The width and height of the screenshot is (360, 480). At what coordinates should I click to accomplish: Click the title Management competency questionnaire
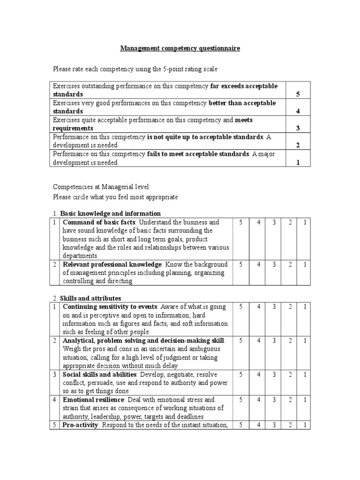[x=180, y=48]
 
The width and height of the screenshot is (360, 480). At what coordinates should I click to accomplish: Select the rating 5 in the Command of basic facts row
[x=240, y=222]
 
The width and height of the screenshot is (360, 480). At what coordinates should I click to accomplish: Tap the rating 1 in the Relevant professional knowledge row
[x=304, y=264]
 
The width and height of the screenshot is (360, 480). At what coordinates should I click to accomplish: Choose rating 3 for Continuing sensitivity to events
[x=273, y=307]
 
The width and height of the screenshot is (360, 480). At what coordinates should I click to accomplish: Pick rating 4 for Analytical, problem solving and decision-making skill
[x=257, y=340]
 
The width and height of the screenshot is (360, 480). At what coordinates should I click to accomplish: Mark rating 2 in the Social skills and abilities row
[x=290, y=375]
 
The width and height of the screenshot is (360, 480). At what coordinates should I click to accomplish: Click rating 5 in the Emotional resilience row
[x=240, y=400]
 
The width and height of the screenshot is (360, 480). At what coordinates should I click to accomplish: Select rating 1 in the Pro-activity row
[x=304, y=425]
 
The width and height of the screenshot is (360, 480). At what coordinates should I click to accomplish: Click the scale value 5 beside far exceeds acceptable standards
[x=298, y=95]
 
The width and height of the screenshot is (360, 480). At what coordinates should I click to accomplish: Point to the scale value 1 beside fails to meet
[x=298, y=162]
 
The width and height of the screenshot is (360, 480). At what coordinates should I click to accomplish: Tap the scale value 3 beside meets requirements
[x=298, y=128]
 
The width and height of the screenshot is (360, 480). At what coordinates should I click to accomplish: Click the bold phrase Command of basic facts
[x=100, y=222]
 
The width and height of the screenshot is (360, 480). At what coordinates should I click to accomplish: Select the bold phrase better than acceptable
[x=242, y=103]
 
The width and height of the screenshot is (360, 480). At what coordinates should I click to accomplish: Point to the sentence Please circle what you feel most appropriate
[x=115, y=197]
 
